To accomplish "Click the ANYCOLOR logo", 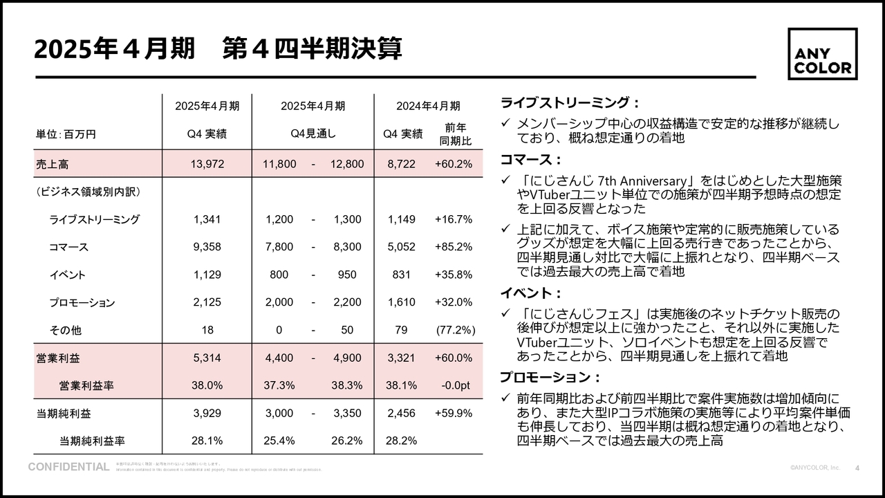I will pos(822,54).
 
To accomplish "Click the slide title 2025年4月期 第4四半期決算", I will pos(218,50).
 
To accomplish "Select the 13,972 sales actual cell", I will pos(207,164).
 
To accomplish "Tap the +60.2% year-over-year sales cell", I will pos(454,164).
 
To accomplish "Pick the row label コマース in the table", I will pos(68,247).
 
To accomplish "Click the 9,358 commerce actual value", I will pos(207,247).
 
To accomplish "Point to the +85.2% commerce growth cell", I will pos(454,247).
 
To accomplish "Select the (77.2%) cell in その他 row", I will pos(455,330).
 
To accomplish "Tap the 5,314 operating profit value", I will pos(207,358).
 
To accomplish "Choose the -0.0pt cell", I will pos(456,385).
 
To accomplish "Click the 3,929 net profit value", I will pos(207,413).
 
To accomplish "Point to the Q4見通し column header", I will pos(313,134).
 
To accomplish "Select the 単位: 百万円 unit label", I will pos(66,134).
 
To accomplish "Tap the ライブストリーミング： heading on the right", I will pos(566,103).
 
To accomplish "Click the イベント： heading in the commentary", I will pos(530,293).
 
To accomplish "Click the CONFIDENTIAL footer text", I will pos(68,467).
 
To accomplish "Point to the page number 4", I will pos(857,468).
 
